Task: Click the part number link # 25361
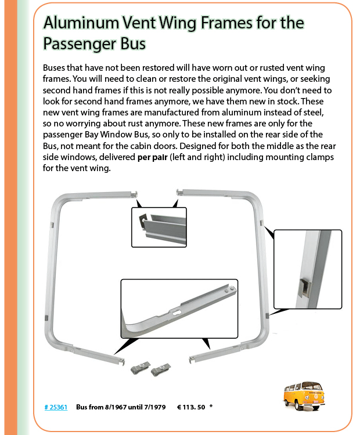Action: click(x=56, y=407)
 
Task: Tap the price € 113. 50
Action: click(x=191, y=407)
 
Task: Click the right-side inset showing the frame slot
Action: click(x=307, y=270)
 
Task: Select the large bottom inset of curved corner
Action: click(x=179, y=308)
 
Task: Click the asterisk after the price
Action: click(x=211, y=407)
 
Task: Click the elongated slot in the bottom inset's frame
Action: click(x=176, y=313)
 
